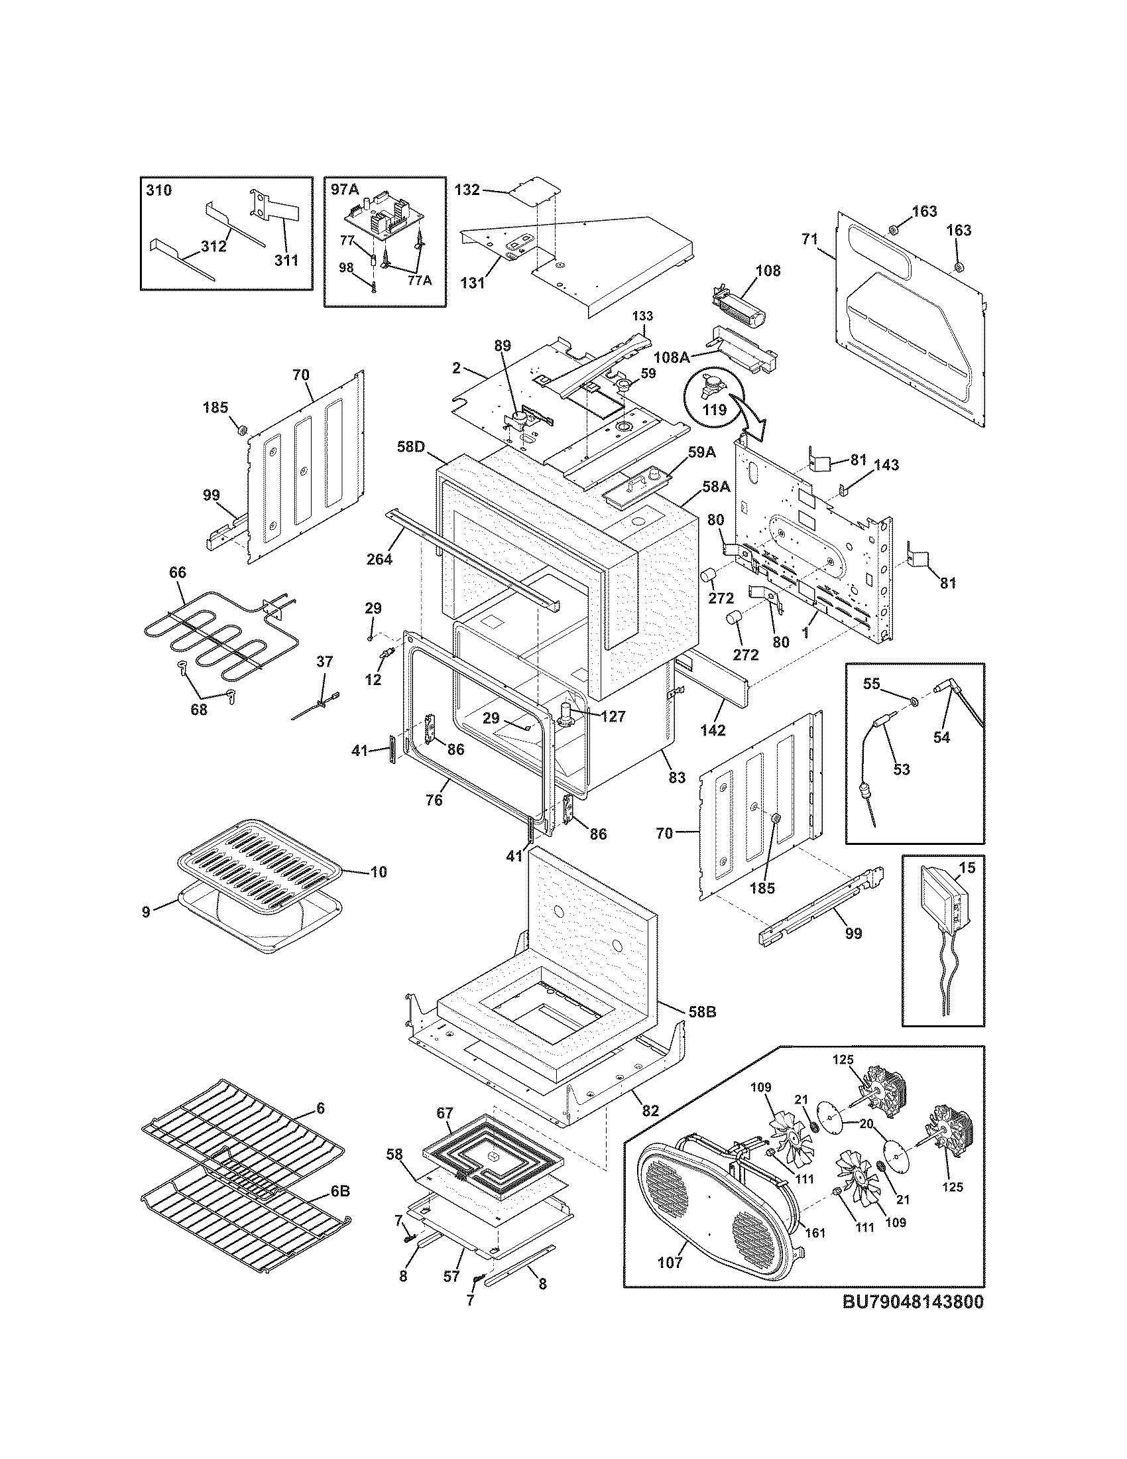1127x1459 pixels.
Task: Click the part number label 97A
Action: click(345, 190)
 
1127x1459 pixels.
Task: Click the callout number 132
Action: click(467, 190)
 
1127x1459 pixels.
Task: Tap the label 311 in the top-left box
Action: click(286, 261)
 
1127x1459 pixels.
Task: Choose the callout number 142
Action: click(713, 730)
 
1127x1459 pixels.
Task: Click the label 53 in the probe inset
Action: click(902, 769)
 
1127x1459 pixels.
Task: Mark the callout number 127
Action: click(613, 717)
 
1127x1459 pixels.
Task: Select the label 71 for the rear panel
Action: click(809, 239)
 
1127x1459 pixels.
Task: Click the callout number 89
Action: click(502, 346)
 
